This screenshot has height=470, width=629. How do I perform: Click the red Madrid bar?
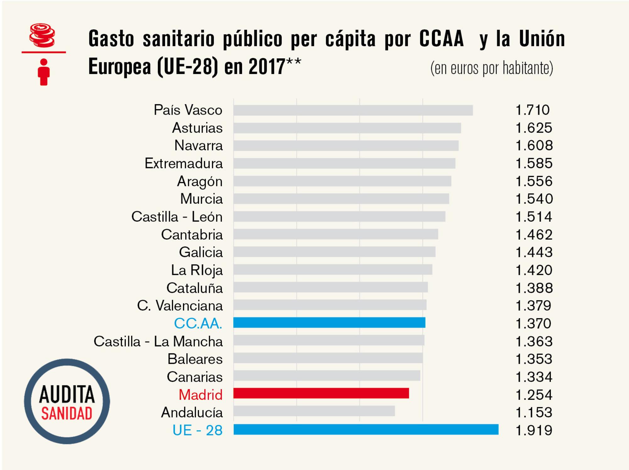tap(321, 393)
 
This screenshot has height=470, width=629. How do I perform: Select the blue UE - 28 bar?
tap(366, 429)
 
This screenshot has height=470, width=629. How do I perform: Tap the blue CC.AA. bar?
tap(329, 322)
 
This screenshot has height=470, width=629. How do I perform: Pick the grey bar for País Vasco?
tap(353, 110)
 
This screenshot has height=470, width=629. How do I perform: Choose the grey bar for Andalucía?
tap(314, 411)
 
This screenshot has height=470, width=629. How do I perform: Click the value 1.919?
tap(534, 430)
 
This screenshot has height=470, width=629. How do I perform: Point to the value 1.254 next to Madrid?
tap(534, 395)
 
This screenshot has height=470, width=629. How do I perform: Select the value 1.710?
tap(532, 110)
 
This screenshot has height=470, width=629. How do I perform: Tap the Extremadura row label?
tap(184, 163)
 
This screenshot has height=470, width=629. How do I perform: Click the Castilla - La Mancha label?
tap(158, 341)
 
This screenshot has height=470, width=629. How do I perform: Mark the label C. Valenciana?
tap(180, 306)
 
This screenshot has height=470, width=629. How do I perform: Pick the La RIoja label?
tap(197, 270)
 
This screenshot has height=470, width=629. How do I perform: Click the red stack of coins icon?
tap(42, 35)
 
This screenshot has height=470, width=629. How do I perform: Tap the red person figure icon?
tap(44, 72)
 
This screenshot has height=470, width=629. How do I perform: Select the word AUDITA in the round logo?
tap(67, 395)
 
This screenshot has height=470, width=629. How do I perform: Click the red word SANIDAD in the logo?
tap(67, 414)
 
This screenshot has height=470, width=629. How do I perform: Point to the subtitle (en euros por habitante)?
tap(492, 68)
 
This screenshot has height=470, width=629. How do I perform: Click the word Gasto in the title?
tap(111, 39)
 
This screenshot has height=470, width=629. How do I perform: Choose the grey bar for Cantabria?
tap(336, 234)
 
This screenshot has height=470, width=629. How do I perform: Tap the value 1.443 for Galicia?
tap(534, 252)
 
